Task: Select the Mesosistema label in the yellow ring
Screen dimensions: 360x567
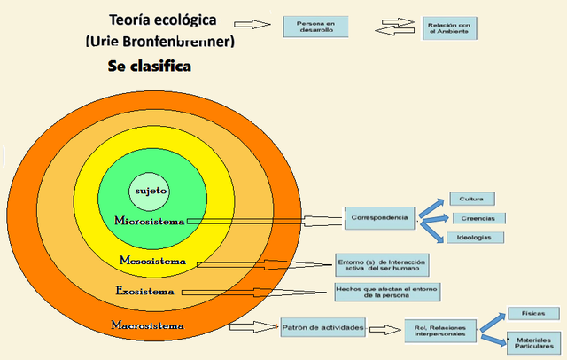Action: click(152, 261)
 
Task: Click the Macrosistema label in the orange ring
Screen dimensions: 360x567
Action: click(148, 325)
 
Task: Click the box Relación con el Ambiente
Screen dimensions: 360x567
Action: click(448, 27)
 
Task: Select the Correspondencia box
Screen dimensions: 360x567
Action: click(379, 217)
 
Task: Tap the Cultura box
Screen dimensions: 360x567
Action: click(471, 199)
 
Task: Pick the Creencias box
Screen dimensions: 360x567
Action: click(478, 218)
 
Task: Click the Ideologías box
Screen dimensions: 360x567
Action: click(475, 238)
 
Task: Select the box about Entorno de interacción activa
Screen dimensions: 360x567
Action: click(382, 265)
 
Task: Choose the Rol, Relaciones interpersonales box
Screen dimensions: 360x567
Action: click(440, 331)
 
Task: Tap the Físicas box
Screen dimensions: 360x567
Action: click(532, 314)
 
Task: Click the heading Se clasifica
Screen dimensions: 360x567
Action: click(150, 67)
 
